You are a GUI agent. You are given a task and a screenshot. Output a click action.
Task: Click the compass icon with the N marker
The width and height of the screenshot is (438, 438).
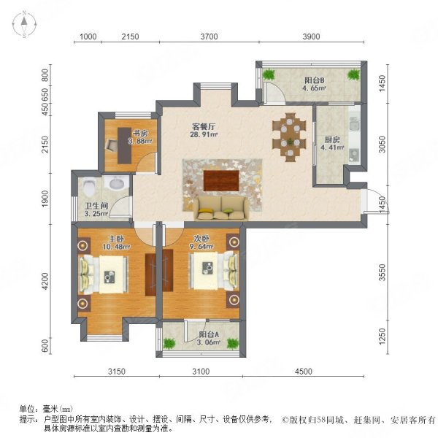tap(23, 25)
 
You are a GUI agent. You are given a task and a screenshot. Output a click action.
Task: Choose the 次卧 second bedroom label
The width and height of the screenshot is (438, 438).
tap(202, 238)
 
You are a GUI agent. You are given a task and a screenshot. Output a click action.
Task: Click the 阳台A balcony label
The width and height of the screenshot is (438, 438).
tap(208, 334)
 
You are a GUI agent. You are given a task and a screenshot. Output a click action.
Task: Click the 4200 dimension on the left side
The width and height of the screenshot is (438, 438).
tap(45, 281)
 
